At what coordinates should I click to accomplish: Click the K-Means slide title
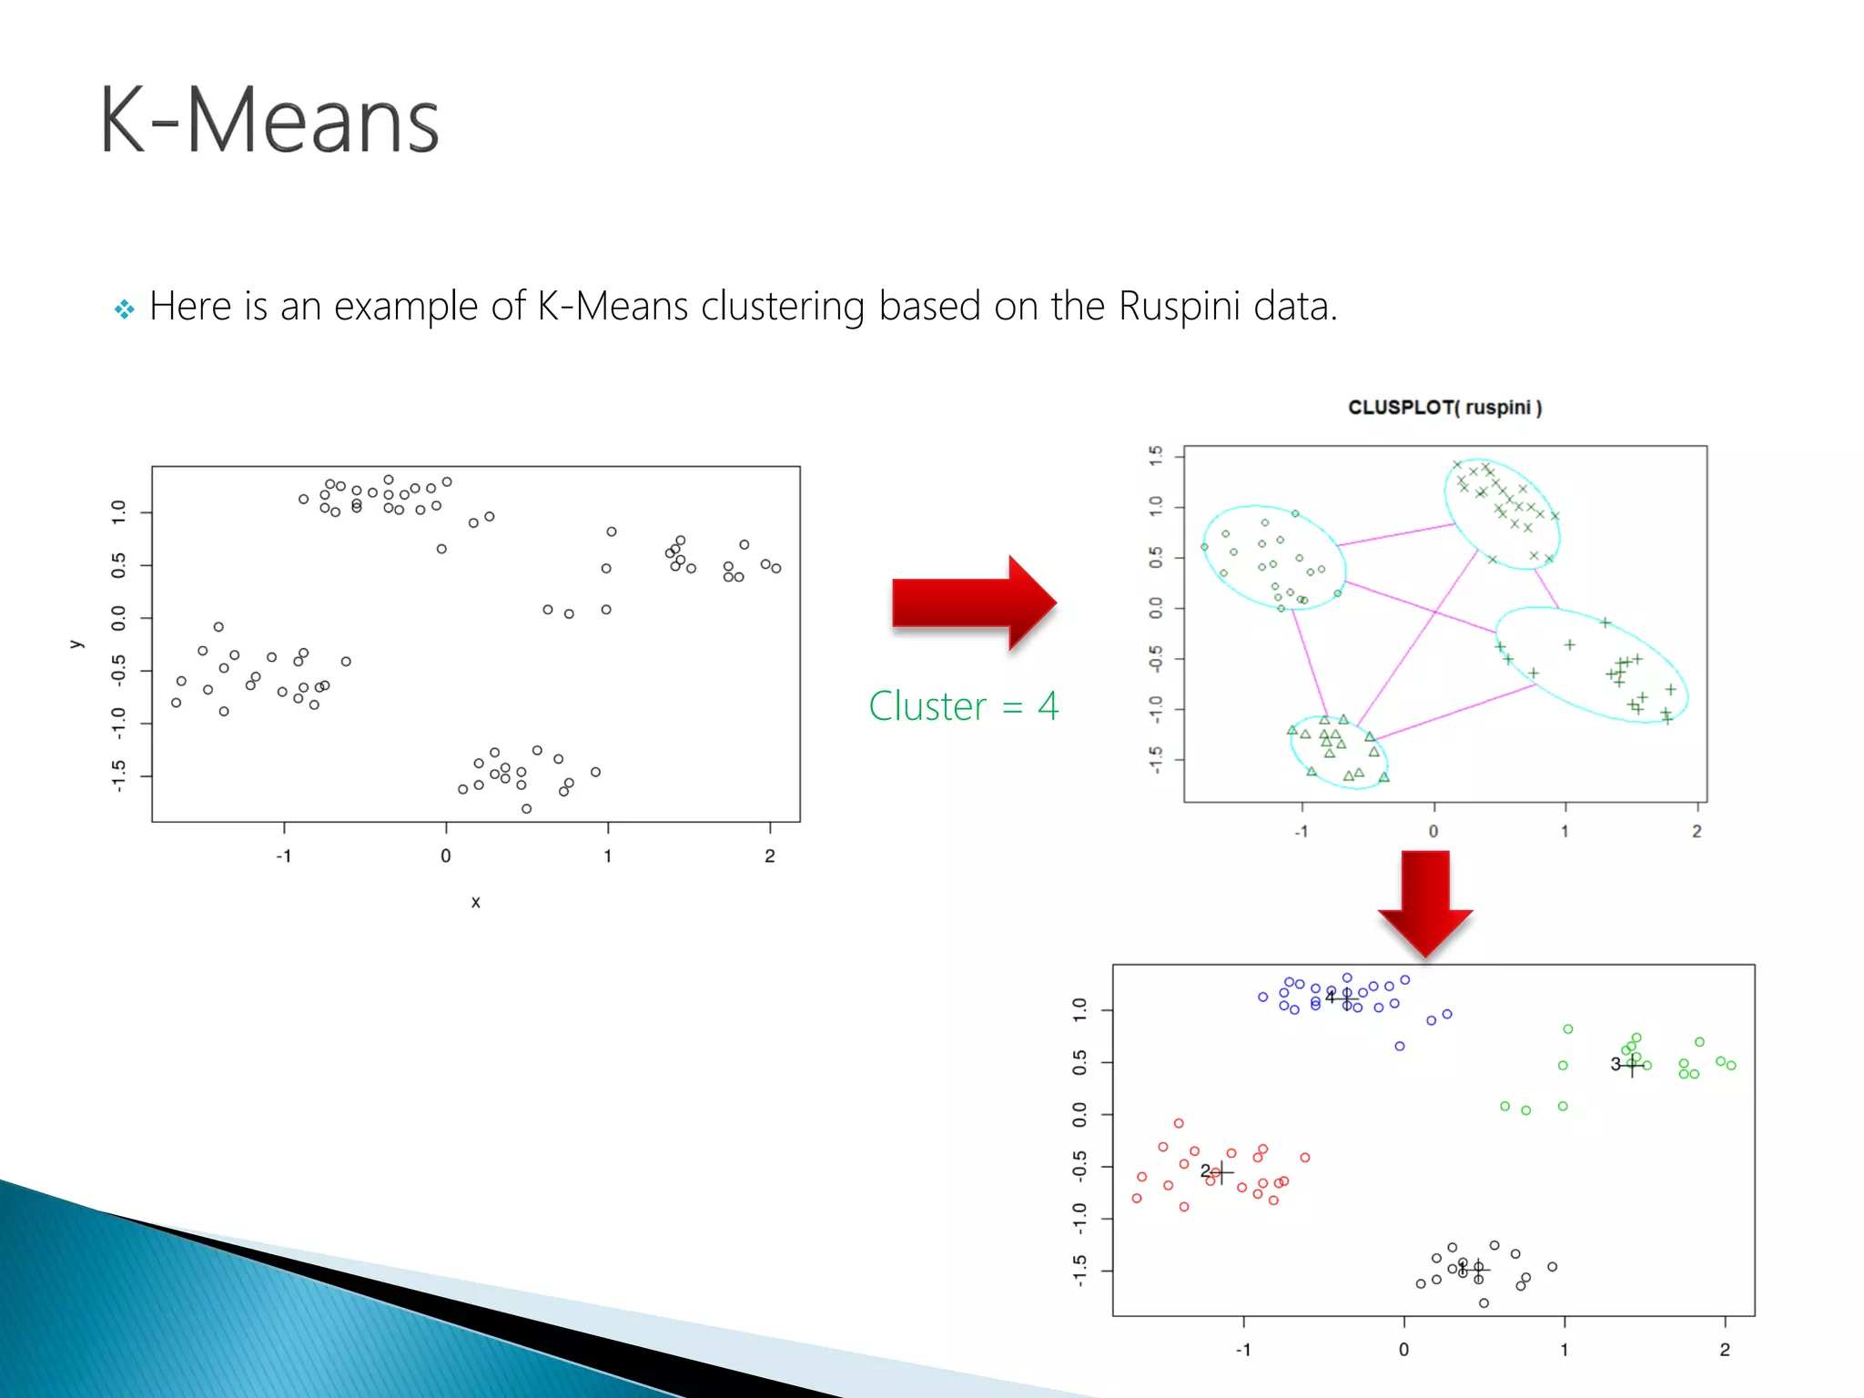(x=269, y=120)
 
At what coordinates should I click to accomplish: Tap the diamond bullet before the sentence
(x=125, y=309)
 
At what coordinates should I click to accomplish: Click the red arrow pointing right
(x=973, y=603)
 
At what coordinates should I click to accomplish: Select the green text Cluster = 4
(x=963, y=706)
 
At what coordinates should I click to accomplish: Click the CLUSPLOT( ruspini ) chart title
(x=1444, y=408)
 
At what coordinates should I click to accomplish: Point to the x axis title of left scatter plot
(x=475, y=902)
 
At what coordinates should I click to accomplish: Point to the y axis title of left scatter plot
(x=76, y=644)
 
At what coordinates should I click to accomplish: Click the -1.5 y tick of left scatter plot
(x=118, y=776)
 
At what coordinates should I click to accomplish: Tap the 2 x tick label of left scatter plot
(x=769, y=856)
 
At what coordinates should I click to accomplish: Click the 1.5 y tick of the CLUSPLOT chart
(x=1156, y=456)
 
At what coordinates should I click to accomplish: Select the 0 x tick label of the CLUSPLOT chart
(x=1433, y=832)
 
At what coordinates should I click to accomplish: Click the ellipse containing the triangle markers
(x=1338, y=752)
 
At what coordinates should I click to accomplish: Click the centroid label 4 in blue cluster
(x=1330, y=998)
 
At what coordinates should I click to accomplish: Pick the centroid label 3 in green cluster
(x=1616, y=1064)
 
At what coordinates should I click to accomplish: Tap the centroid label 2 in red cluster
(x=1205, y=1171)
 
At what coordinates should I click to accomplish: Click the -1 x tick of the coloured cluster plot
(x=1243, y=1350)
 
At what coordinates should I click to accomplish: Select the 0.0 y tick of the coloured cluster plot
(x=1079, y=1114)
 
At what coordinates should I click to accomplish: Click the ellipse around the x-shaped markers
(x=1502, y=514)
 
